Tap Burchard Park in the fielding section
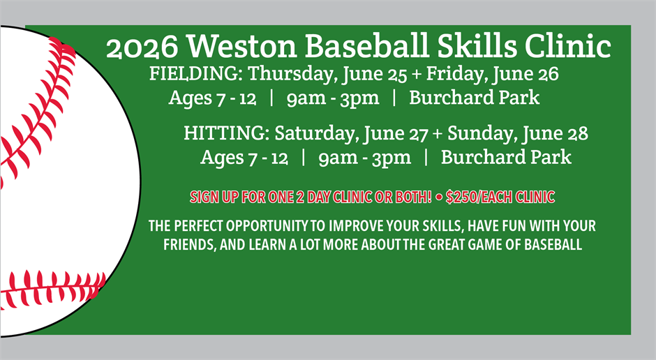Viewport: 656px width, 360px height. click(474, 98)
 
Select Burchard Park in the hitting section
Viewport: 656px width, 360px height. click(506, 158)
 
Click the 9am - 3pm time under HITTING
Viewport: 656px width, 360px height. click(364, 158)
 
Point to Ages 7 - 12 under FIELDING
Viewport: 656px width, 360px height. click(207, 98)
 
